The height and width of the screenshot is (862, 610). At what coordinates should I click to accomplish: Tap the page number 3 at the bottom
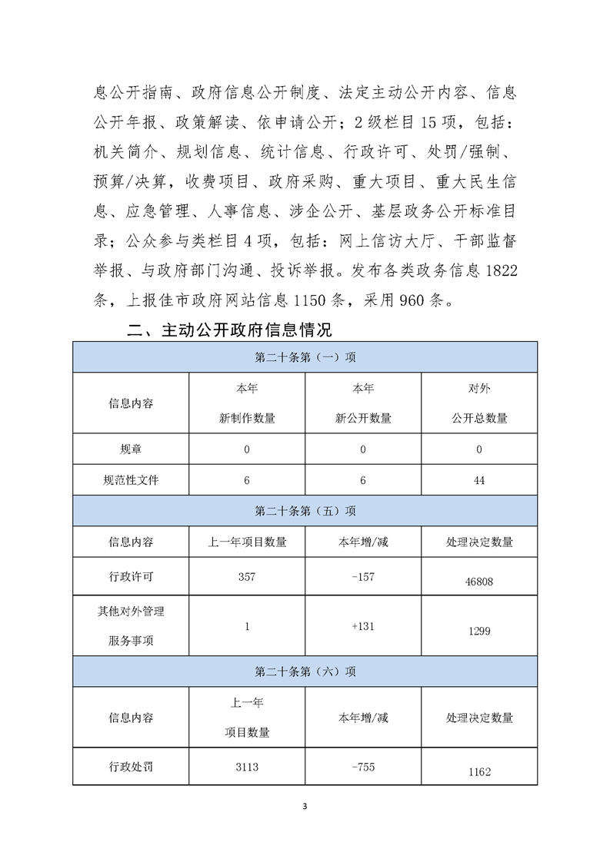tap(305, 807)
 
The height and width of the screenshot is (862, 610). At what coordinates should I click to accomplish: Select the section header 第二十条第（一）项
tap(305, 357)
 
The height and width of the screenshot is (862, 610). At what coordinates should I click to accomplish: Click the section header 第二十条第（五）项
tap(305, 511)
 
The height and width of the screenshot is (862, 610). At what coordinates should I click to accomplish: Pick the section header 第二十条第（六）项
tap(305, 671)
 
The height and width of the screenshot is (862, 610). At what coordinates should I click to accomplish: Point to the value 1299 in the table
tap(479, 631)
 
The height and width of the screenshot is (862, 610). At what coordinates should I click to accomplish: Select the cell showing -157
tap(362, 576)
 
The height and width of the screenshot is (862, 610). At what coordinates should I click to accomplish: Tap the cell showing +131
tap(362, 626)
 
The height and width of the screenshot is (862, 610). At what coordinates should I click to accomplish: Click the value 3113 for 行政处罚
tap(247, 767)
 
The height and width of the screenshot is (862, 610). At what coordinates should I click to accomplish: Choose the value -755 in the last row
tap(362, 767)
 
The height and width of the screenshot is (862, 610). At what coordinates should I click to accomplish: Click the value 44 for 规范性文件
tap(479, 482)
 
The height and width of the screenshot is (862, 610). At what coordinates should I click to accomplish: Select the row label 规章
tap(132, 449)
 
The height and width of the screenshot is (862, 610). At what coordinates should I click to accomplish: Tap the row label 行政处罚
tap(132, 767)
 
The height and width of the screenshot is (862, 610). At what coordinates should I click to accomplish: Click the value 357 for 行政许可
tap(247, 576)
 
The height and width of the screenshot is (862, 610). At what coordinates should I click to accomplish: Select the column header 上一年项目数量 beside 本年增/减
tap(247, 542)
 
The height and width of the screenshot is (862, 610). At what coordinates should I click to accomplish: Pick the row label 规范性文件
tap(132, 482)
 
